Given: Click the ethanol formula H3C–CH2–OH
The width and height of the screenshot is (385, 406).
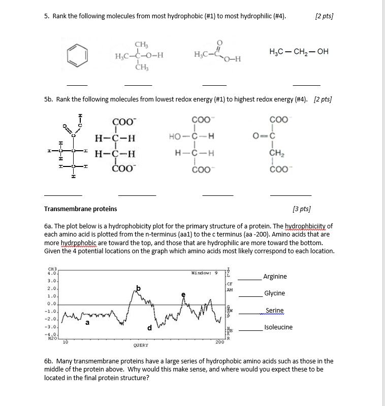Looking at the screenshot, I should [x=299, y=52].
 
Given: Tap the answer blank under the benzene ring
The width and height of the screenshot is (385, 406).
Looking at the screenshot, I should [x=77, y=84].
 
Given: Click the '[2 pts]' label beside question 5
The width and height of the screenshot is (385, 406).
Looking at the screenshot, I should [x=324, y=16].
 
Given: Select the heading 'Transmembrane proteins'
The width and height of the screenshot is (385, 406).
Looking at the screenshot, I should [x=80, y=209].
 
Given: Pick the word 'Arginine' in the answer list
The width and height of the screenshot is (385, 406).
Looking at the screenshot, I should [x=275, y=277].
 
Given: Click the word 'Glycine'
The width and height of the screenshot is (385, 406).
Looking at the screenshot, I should [x=274, y=293].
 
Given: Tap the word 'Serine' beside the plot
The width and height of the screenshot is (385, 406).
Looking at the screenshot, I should [x=274, y=310].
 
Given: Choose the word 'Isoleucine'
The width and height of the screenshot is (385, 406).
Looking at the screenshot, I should [x=278, y=327].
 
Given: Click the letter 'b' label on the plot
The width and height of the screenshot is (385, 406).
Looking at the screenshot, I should [x=138, y=288].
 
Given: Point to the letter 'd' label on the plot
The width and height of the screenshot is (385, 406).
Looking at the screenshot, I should [x=149, y=328].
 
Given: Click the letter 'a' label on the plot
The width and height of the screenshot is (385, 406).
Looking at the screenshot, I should [x=87, y=322].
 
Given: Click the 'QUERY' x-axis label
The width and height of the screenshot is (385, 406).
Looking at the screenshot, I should [x=141, y=345].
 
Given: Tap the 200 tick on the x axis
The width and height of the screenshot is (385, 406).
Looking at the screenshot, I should [x=219, y=343].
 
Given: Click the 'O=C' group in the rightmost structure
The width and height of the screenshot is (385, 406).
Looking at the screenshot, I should [x=267, y=136].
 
